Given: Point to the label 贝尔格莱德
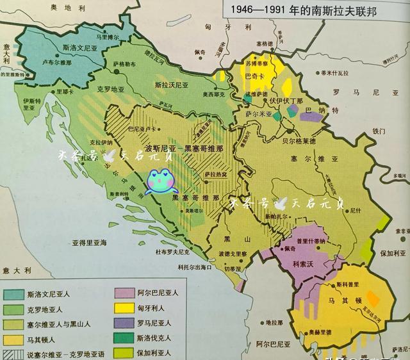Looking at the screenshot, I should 300,140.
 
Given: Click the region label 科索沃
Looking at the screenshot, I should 305,263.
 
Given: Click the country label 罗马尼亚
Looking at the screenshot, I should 355,92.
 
